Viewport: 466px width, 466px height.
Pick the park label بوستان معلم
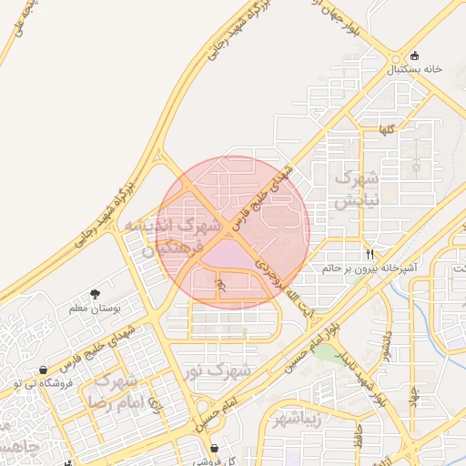point(95,309)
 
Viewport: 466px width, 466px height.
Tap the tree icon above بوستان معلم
point(95,294)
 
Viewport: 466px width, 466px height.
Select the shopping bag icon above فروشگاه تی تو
point(43,370)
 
